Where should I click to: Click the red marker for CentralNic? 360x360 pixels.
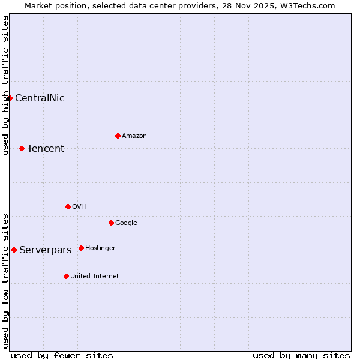[10, 98]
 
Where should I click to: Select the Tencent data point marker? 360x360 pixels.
[22, 148]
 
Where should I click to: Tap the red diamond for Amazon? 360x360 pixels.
[118, 136]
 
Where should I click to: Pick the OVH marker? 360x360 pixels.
[68, 206]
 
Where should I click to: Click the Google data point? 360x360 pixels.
[111, 223]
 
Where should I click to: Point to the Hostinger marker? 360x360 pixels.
[81, 248]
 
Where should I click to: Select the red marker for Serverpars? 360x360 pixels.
[14, 250]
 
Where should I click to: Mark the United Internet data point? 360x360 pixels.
[66, 276]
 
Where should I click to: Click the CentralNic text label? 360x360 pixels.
[40, 98]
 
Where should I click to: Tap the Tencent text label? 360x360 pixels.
[46, 149]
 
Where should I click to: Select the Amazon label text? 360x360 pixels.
[134, 136]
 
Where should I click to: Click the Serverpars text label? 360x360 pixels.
[46, 250]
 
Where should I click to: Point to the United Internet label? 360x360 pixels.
[95, 277]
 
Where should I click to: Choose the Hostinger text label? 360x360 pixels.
[100, 248]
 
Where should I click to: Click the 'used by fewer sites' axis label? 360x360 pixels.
[62, 355]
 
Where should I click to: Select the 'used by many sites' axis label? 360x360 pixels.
[301, 355]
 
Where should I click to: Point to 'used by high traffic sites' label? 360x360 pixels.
[5, 85]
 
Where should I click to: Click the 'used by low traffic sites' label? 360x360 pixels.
[5, 281]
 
